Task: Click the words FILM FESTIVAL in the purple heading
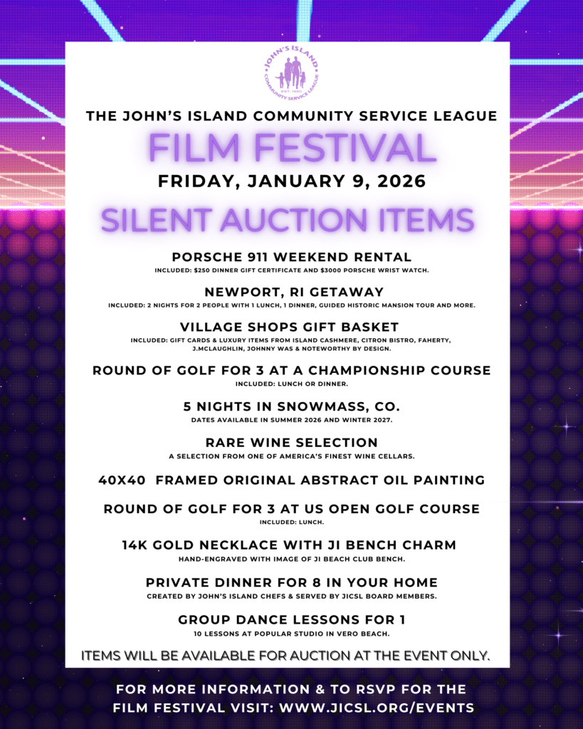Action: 291,148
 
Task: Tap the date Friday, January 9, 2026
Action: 291,182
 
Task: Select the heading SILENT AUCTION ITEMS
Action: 288,221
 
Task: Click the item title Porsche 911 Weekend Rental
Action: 291,257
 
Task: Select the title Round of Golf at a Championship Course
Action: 291,371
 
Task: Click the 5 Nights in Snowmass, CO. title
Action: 291,408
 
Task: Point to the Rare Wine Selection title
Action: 291,443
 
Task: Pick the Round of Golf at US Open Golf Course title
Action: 291,509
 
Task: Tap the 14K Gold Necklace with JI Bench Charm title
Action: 291,546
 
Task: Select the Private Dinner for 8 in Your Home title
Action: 291,582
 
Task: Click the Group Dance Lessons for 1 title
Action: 291,620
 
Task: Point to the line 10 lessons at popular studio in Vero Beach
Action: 291,634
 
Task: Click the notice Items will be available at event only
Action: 286,656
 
